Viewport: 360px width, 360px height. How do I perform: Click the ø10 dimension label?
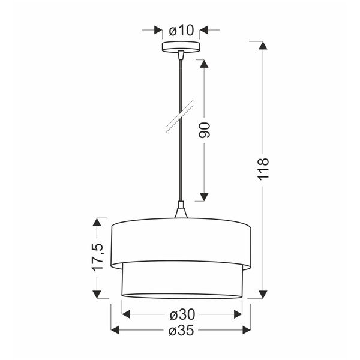point(181,29)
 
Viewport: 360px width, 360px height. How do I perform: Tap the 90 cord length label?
point(204,130)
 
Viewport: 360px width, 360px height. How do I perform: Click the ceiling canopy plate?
point(181,47)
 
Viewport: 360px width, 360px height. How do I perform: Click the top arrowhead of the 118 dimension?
point(261,46)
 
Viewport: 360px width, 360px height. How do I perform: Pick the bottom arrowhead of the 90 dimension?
point(204,196)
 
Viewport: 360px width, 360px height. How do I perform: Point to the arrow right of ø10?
point(204,29)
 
